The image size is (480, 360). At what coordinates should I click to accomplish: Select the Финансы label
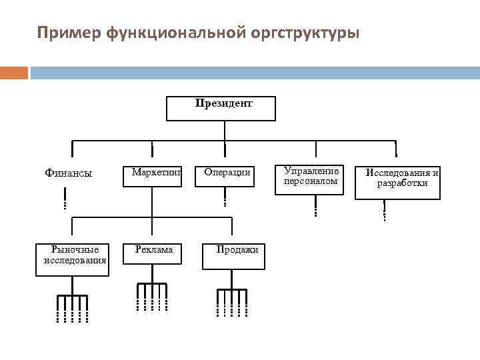(x=68, y=173)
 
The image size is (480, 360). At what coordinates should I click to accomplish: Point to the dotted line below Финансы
(x=65, y=199)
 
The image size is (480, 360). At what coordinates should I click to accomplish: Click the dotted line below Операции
(x=225, y=197)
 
